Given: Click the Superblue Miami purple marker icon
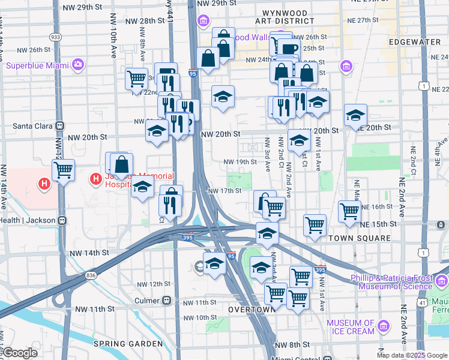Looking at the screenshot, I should pyautogui.click(x=77, y=64).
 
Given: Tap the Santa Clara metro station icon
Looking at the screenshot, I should pyautogui.click(x=59, y=126).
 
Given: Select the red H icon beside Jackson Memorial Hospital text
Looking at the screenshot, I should pyautogui.click(x=95, y=178).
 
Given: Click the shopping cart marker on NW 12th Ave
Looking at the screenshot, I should pyautogui.click(x=63, y=170).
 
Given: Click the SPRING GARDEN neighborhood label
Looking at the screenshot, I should pyautogui.click(x=128, y=344).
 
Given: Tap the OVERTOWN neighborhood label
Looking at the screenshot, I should pyautogui.click(x=251, y=309).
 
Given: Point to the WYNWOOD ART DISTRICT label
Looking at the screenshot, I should pyautogui.click(x=285, y=18).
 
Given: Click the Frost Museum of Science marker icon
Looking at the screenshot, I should pyautogui.click(x=442, y=280).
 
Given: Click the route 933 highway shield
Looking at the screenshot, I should pyautogui.click(x=56, y=37).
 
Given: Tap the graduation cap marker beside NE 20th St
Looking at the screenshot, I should pyautogui.click(x=355, y=115).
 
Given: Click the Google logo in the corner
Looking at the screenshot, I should pyautogui.click(x=20, y=353).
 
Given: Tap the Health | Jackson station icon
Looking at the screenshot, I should pyautogui.click(x=61, y=220).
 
